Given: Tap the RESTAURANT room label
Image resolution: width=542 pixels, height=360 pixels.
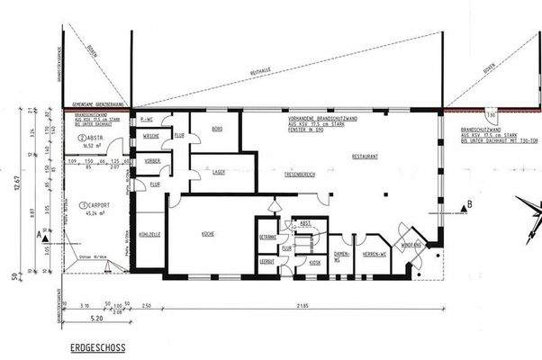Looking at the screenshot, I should [363, 157].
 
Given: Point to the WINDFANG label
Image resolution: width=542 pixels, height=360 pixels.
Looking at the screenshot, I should [411, 243].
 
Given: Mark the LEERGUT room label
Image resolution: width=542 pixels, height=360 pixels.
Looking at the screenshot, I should [266, 261].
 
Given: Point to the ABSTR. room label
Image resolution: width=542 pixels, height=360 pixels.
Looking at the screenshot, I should [97, 137].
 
